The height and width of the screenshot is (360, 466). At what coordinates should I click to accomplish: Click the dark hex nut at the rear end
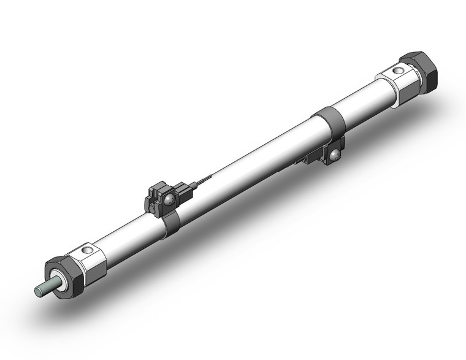[x=422, y=72]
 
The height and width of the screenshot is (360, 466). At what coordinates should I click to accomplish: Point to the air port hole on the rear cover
[x=399, y=72]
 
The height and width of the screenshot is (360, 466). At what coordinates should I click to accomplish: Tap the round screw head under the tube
[x=335, y=157]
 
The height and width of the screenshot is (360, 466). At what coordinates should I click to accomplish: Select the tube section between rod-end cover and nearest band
[x=132, y=236]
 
